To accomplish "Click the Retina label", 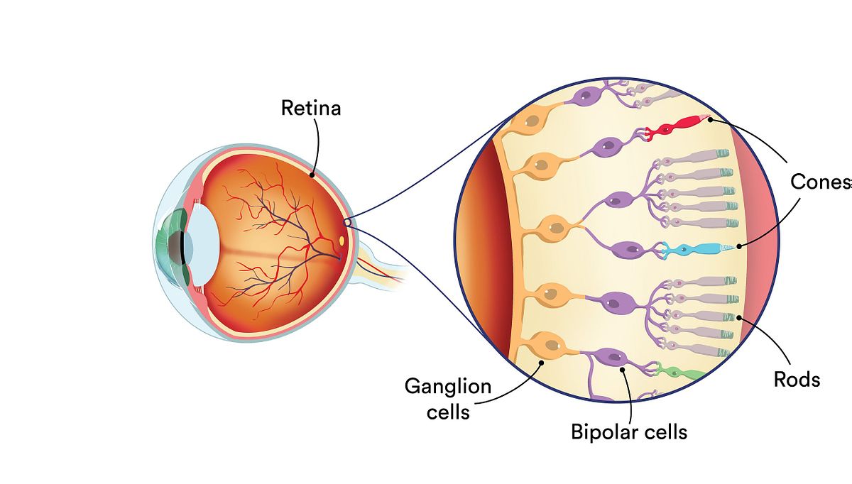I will click(x=311, y=108).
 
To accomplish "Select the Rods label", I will click(x=797, y=380).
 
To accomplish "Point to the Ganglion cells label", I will click(x=448, y=399).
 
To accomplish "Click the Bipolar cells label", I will click(x=629, y=431).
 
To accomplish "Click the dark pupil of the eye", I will click(x=176, y=246).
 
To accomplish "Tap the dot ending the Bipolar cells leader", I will click(x=623, y=368).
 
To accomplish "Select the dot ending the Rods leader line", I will click(x=739, y=317).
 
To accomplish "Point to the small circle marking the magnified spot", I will click(x=348, y=223).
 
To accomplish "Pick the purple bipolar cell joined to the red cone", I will click(x=606, y=147).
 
